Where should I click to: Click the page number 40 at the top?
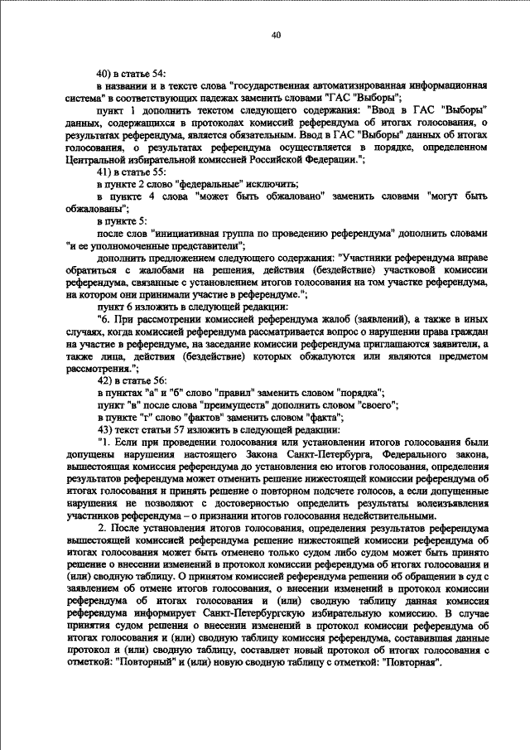click(276, 34)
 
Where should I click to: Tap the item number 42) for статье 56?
click(106, 382)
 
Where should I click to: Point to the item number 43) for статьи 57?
click(106, 429)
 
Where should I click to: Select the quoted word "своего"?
click(378, 406)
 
